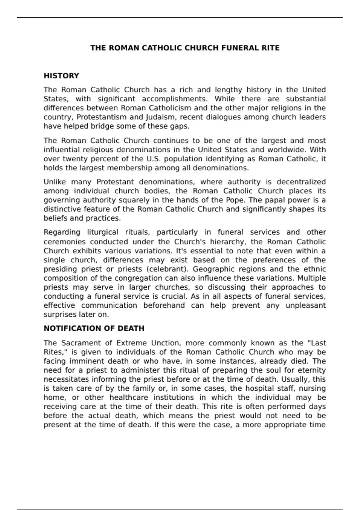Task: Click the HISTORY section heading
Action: coord(61,76)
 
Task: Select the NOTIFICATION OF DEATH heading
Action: coord(94,328)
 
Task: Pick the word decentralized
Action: coord(301,182)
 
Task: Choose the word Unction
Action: coord(166,343)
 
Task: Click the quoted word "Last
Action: coord(317,343)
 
